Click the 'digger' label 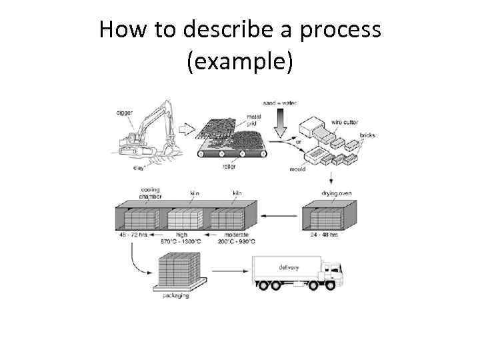tap(125, 113)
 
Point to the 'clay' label tap(138, 168)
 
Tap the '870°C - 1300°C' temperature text tap(181, 241)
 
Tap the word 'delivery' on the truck tap(288, 267)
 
